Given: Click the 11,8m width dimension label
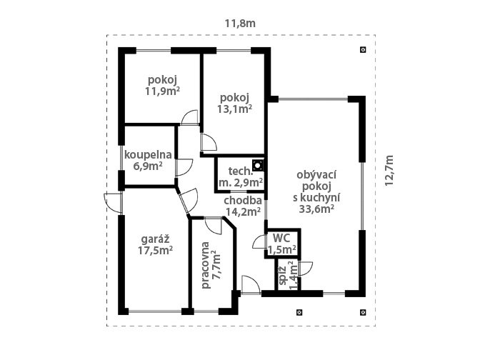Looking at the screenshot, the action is tap(240, 24).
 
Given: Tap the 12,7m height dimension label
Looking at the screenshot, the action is tap(389, 170).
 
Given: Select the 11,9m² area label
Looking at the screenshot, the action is tap(162, 91).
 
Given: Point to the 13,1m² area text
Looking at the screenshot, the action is tap(235, 109).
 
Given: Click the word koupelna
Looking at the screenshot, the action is tap(148, 155).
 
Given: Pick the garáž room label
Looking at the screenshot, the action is tap(156, 239).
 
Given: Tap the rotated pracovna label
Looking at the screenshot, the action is tap(206, 265).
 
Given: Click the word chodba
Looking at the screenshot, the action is tap(243, 201).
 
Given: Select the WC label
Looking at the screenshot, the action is tap(281, 238).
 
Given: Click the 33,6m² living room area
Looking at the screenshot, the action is tap(316, 209).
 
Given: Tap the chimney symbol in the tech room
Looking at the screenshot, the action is tap(258, 165).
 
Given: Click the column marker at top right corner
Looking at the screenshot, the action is tap(363, 49).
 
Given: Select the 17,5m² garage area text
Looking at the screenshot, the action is tap(156, 250).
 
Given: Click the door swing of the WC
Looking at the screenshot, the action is tap(259, 241).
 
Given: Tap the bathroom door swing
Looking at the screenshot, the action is tap(184, 167).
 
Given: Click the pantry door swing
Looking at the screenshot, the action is tap(306, 269).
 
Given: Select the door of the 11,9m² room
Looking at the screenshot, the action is tap(190, 118).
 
